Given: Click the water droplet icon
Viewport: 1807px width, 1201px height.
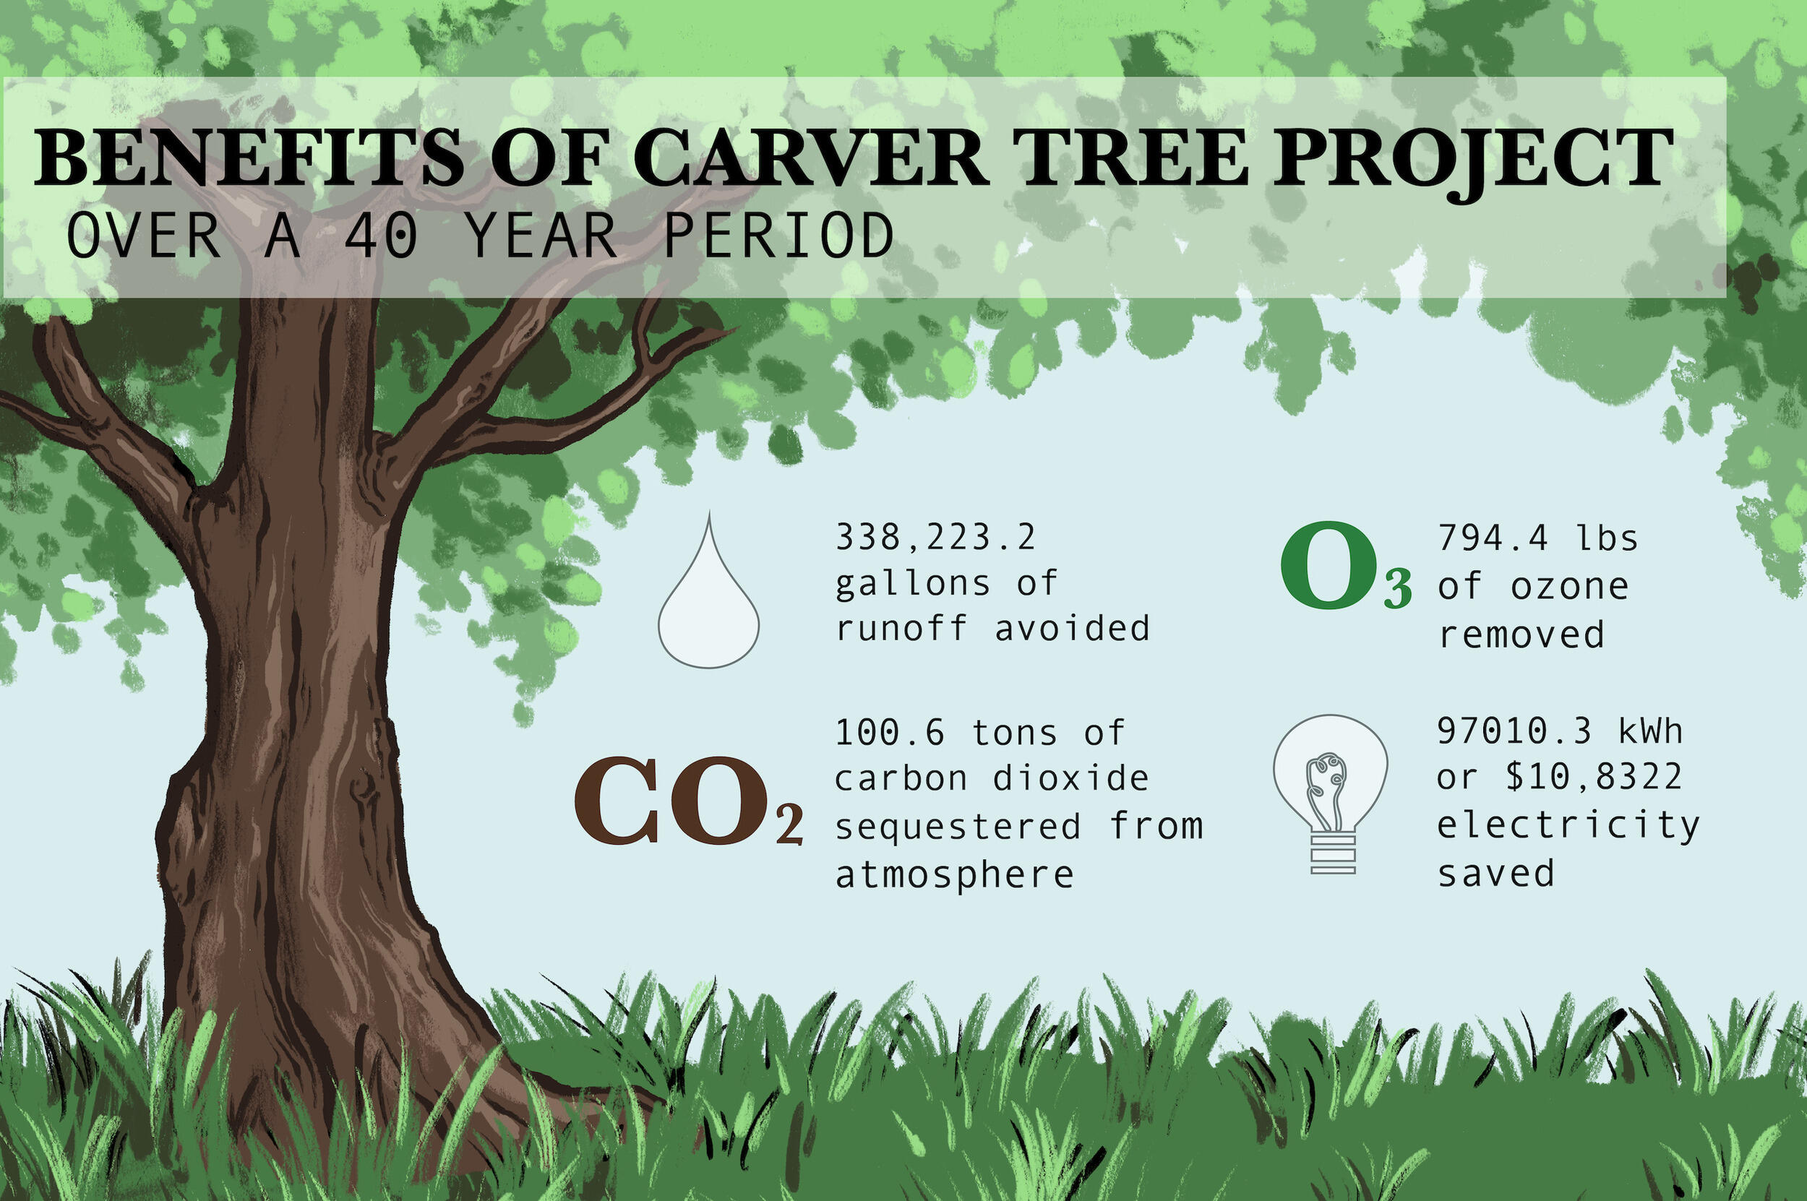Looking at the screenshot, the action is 708,605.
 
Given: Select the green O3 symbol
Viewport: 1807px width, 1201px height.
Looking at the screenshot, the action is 1346,567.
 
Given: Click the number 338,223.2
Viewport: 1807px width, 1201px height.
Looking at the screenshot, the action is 935,537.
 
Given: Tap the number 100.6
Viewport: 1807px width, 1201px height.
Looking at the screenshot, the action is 890,733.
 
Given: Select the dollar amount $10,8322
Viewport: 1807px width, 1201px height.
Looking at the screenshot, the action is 1594,777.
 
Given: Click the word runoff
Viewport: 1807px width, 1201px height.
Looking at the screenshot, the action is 901,629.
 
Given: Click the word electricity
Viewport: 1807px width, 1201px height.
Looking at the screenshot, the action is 1568,826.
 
